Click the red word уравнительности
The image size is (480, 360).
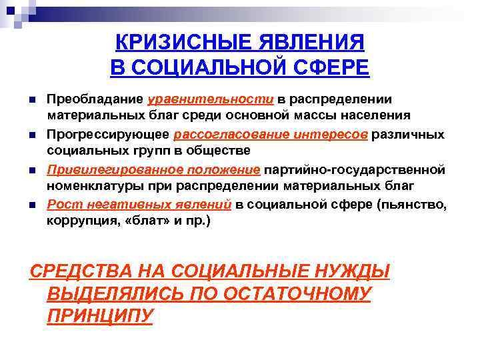pyautogui.click(x=211, y=99)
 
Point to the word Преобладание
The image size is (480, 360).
pyautogui.click(x=95, y=99)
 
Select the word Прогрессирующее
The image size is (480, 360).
pyautogui.click(x=109, y=134)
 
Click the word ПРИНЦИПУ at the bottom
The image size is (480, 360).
pyautogui.click(x=101, y=315)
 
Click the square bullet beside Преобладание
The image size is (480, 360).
pyautogui.click(x=31, y=100)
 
